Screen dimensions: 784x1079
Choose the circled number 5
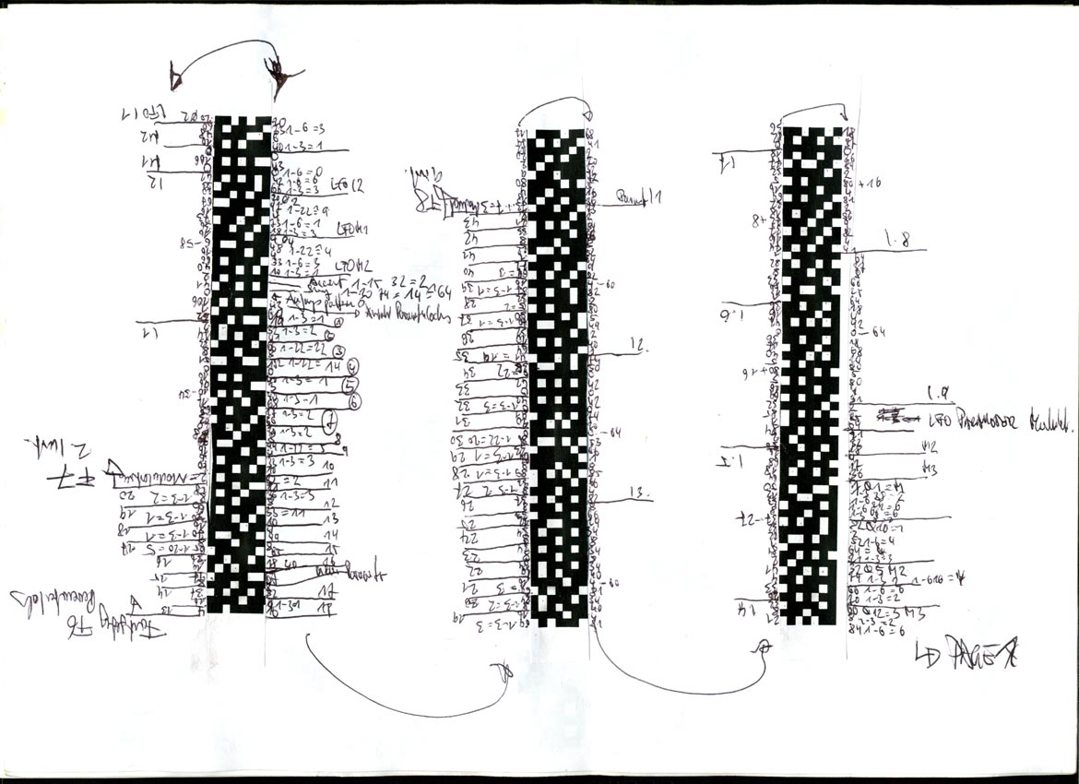click(x=349, y=384)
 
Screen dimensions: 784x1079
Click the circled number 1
click(x=338, y=322)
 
